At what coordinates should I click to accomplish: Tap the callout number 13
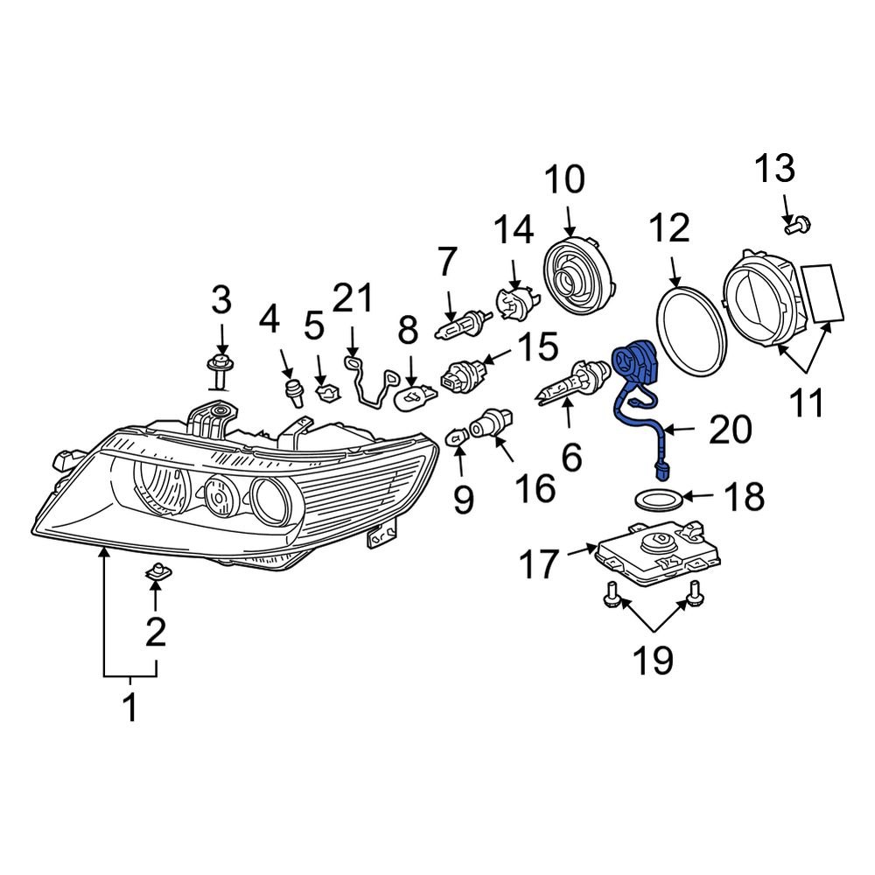[x=775, y=168]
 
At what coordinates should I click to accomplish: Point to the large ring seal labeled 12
[x=690, y=323]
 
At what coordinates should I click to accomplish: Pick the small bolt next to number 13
[x=794, y=227]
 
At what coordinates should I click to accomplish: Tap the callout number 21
[x=353, y=299]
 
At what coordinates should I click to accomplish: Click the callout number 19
[x=653, y=660]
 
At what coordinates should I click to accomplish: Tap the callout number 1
[x=129, y=707]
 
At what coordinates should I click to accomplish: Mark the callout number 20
[x=730, y=430]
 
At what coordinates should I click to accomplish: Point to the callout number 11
[x=804, y=403]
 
